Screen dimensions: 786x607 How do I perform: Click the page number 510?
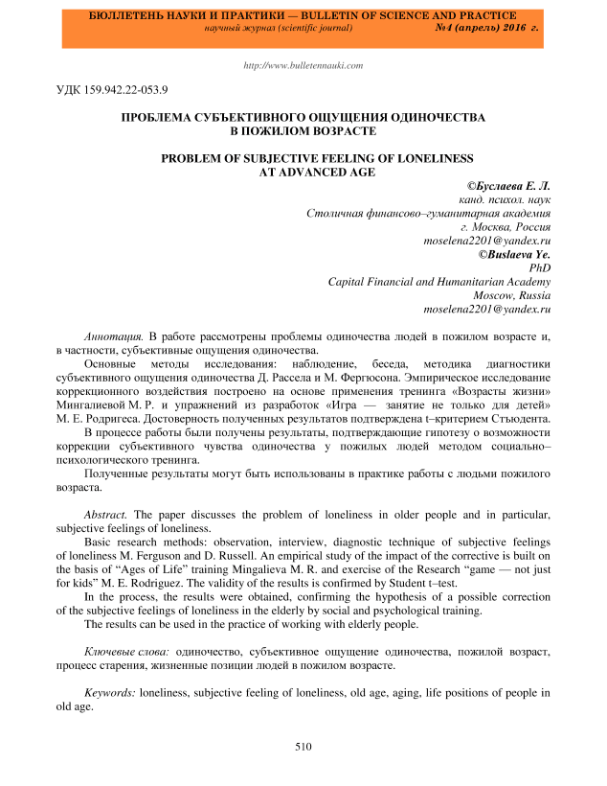pyautogui.click(x=303, y=746)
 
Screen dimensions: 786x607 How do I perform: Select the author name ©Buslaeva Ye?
pyautogui.click(x=515, y=254)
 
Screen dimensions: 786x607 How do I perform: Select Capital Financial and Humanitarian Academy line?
pyautogui.click(x=438, y=282)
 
